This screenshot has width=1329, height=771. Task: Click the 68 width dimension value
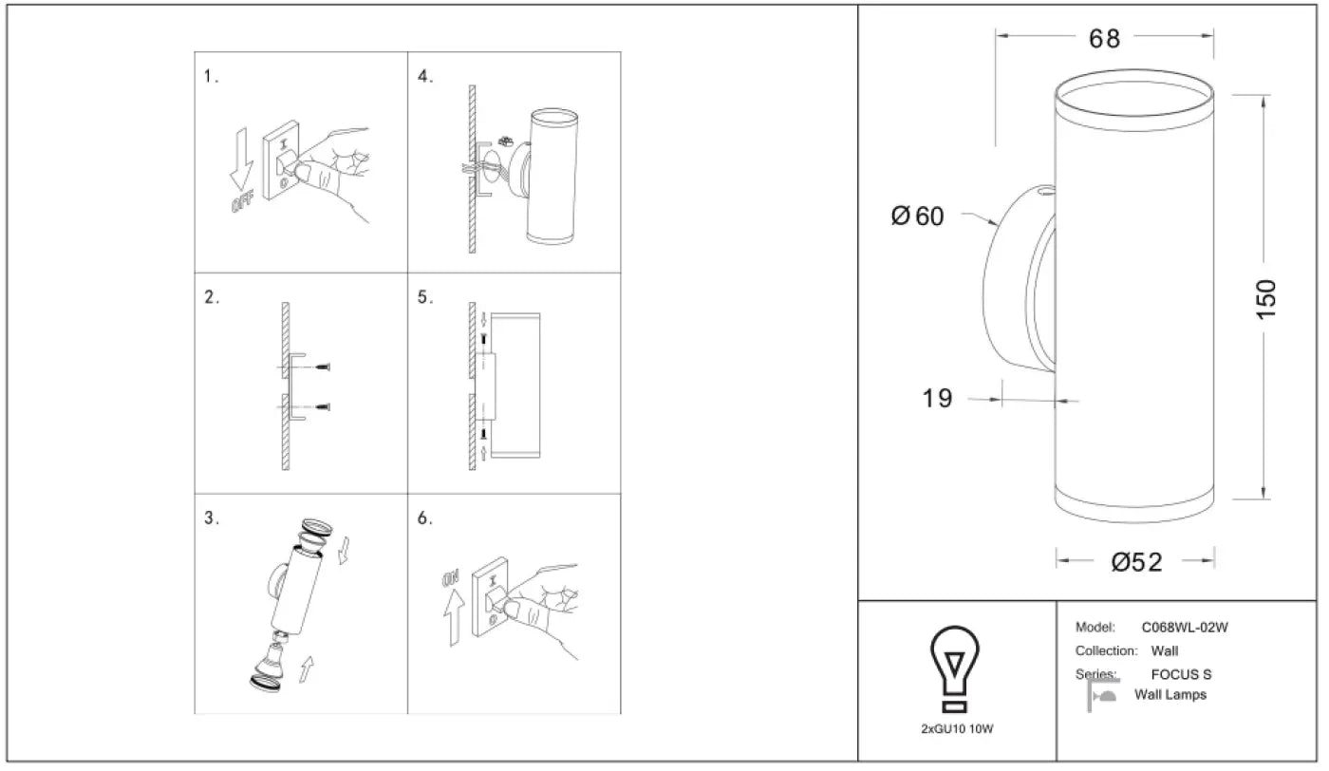[1104, 39]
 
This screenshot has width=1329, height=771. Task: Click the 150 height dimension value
[1265, 299]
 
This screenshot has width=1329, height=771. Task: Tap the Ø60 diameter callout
[917, 216]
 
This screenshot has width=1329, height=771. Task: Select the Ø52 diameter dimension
[1136, 562]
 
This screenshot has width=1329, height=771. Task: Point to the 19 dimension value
[937, 398]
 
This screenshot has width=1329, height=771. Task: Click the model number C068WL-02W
[1185, 628]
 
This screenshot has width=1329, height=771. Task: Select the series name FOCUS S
[1181, 675]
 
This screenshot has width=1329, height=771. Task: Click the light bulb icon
[954, 668]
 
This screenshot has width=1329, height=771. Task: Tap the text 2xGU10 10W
[957, 729]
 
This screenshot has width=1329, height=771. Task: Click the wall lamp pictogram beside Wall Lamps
[1102, 695]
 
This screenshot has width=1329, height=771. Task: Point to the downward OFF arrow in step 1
[241, 159]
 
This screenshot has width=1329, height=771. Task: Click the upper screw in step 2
[323, 367]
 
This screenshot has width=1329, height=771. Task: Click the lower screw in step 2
[323, 406]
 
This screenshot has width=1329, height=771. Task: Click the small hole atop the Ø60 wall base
[1046, 191]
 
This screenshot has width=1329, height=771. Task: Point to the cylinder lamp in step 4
[552, 177]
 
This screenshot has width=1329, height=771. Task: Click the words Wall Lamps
[1170, 695]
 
